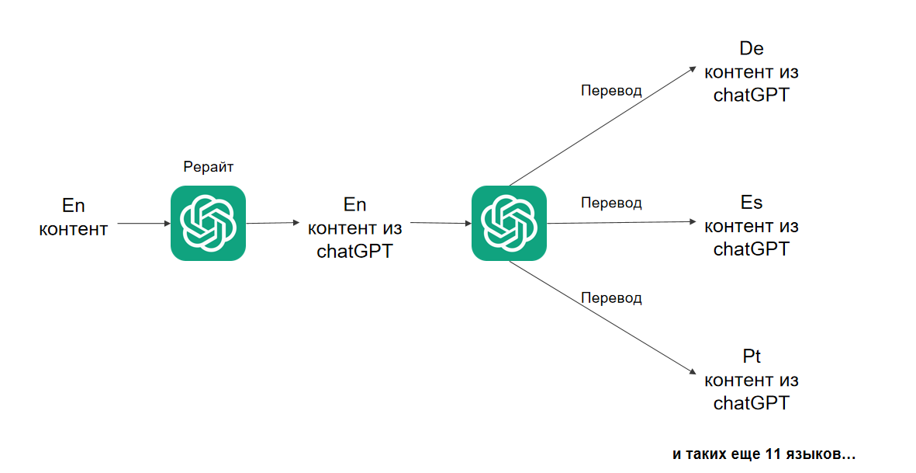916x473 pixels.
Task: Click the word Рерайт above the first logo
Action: point(209,167)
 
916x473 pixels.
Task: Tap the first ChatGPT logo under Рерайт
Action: point(208,223)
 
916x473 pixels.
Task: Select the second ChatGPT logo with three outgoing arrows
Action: point(509,223)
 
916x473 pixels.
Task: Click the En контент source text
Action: point(74,217)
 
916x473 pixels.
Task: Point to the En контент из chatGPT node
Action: point(354,228)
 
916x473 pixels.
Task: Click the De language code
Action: point(752,48)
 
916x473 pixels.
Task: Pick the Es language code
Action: point(752,202)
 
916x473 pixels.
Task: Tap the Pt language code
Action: point(752,356)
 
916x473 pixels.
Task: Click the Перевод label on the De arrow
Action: point(611,91)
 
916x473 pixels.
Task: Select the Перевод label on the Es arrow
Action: point(611,203)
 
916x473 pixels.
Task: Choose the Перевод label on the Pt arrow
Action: point(611,298)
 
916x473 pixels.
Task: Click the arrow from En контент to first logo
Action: point(144,224)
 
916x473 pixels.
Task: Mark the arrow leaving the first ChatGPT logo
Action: point(273,223)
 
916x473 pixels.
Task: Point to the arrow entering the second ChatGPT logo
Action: point(441,223)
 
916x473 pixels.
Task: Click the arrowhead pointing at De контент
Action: point(693,70)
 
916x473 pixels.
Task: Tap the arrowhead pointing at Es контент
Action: point(693,221)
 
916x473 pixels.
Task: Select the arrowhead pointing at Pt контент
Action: point(693,371)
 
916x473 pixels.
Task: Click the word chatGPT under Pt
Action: point(752,403)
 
